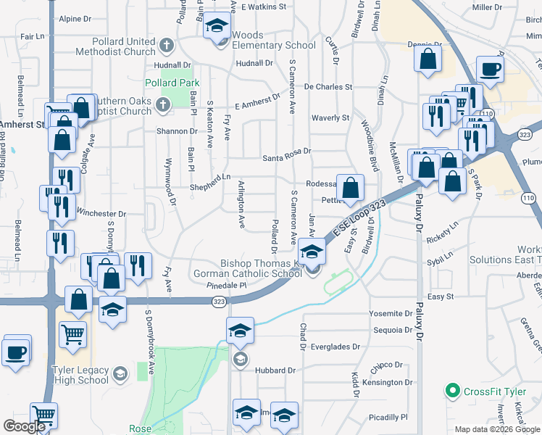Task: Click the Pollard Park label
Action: pos(172,83)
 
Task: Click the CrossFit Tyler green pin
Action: pos(453,391)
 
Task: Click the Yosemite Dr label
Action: pos(389,313)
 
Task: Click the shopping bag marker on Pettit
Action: pos(350,188)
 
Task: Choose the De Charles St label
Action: pos(328,86)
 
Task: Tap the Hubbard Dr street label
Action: pos(276,370)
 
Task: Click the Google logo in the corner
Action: pos(24,426)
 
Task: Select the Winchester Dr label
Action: pos(101,214)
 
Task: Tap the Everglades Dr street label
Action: pos(335,347)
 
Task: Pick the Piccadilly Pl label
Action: pos(388,418)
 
